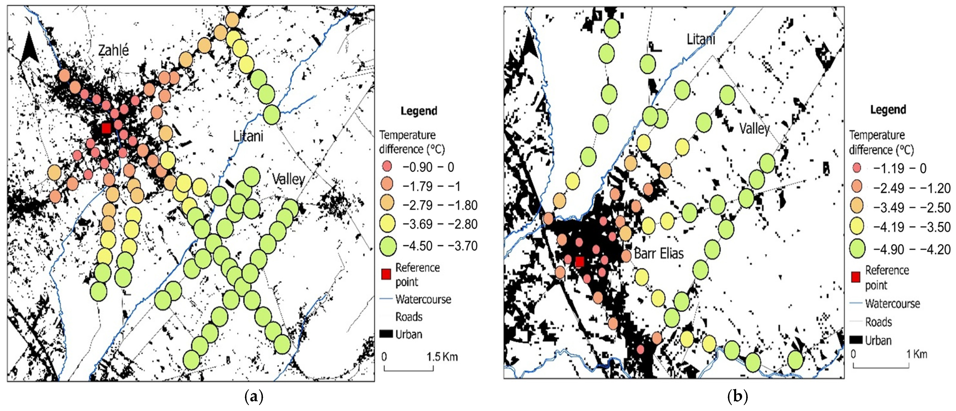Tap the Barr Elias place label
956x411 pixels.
tap(659, 254)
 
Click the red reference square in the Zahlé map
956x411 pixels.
tap(106, 128)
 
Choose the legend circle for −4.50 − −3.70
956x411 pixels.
tap(388, 246)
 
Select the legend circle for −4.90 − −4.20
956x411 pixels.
tap(857, 249)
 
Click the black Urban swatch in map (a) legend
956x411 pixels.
tap(386, 334)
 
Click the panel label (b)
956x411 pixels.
tap(737, 396)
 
